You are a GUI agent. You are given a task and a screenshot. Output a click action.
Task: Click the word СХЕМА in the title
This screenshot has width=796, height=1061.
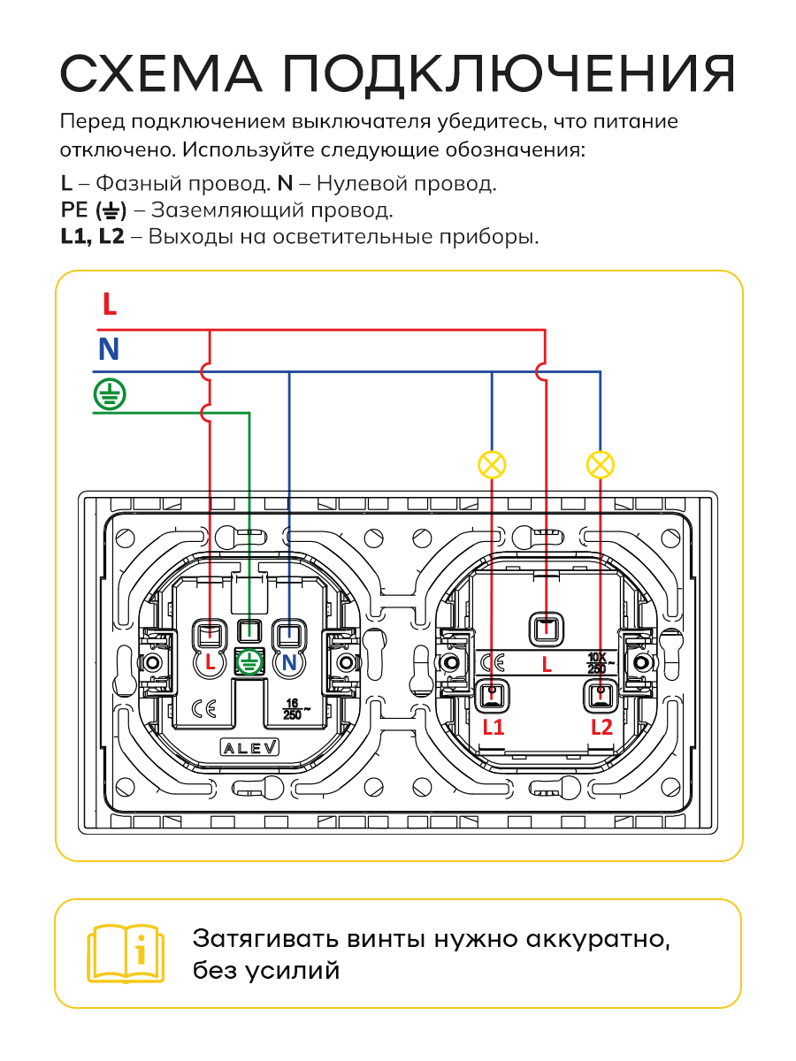(x=161, y=73)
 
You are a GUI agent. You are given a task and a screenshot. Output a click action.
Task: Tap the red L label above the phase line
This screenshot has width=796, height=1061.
(x=110, y=304)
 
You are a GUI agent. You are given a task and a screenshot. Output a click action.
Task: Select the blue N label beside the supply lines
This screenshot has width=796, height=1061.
(x=109, y=349)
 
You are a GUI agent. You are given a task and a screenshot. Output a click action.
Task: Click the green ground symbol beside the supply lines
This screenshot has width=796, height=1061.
(x=110, y=394)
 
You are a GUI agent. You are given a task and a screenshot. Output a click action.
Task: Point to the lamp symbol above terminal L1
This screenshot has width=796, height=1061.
(x=492, y=465)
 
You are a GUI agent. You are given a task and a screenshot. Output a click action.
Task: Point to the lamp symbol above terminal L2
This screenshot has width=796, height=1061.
(x=601, y=465)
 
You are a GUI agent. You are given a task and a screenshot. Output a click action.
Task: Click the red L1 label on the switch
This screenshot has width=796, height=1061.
(x=494, y=728)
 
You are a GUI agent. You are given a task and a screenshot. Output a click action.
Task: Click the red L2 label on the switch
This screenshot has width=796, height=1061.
(x=602, y=728)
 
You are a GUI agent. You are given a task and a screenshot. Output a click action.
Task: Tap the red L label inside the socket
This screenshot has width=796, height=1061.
(x=210, y=662)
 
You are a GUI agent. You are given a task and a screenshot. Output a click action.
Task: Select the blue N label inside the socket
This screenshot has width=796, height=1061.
(x=289, y=662)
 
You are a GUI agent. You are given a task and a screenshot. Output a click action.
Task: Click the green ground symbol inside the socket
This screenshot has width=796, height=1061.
(x=249, y=661)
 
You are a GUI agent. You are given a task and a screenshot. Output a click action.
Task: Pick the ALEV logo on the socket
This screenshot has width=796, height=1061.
(x=249, y=747)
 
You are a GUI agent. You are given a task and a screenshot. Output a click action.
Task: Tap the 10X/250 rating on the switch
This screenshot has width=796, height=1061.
(x=600, y=663)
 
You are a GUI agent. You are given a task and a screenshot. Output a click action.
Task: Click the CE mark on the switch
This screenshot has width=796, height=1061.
(x=494, y=663)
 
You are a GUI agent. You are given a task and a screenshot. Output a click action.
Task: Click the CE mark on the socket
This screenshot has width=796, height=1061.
(x=204, y=709)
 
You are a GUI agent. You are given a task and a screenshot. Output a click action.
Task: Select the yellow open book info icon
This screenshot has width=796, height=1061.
(x=126, y=954)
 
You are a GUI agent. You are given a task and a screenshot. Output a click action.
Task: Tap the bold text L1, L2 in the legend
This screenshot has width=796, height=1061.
(x=92, y=236)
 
